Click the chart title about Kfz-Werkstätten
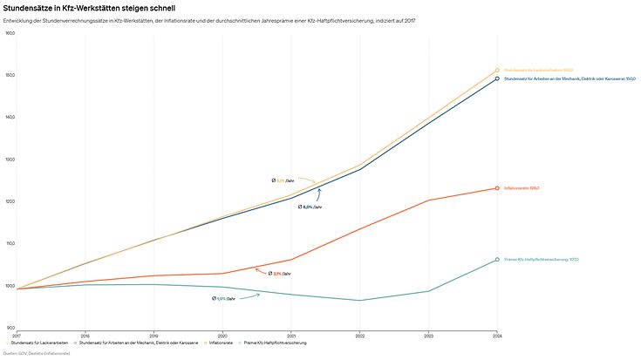pos(83,8)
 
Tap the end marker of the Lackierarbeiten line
pos(497,71)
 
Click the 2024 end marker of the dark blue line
pos(497,78)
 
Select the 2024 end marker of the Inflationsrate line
pos(497,188)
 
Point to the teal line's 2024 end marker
pos(497,260)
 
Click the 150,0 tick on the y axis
pos(10,76)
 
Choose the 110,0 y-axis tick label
pos(10,244)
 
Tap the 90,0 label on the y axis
pos(10,328)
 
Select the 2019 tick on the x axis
pos(153,336)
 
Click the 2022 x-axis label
pos(360,336)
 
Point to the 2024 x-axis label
pos(497,336)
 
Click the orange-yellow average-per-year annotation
pos(283,180)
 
